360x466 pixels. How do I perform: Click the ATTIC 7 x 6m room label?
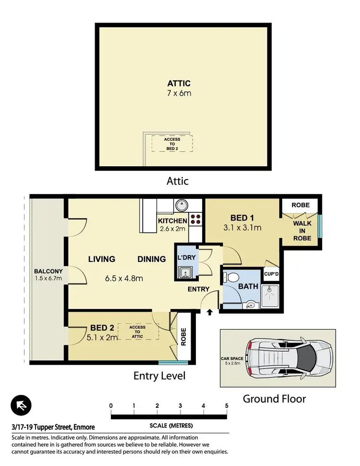[179, 88]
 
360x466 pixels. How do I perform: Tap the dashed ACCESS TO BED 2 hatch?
[172, 143]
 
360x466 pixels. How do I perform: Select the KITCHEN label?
[172, 221]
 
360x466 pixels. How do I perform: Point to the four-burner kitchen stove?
[196, 220]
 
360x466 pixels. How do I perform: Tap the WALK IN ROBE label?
[302, 231]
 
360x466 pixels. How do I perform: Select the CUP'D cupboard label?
[271, 274]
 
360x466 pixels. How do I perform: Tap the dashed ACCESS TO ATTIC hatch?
[138, 331]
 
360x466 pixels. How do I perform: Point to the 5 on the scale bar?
[226, 406]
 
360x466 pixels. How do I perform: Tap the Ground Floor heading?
[274, 398]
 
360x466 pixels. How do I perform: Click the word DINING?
[151, 259]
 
